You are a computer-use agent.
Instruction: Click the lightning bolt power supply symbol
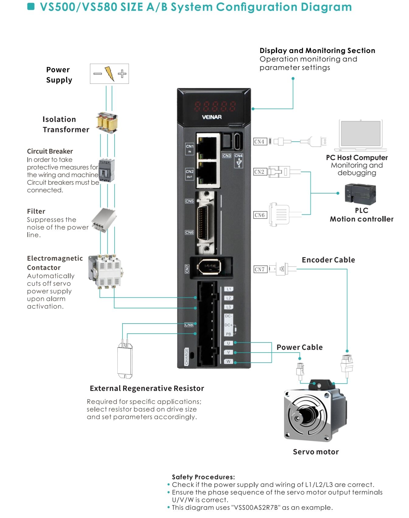point(109,74)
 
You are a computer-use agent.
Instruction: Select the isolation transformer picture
point(107,123)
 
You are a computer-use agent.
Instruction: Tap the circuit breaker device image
point(107,170)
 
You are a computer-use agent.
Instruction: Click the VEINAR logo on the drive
point(212,117)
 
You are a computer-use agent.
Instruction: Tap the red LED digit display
point(215,106)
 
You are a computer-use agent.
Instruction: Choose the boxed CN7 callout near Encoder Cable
point(260,269)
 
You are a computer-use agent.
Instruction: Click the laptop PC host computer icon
point(361,135)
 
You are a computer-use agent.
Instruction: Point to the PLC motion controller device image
point(360,194)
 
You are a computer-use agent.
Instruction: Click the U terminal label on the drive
point(229,343)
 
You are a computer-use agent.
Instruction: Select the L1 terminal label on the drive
point(229,289)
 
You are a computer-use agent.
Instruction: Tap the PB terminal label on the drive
point(228,334)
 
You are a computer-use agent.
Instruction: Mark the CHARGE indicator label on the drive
point(187,356)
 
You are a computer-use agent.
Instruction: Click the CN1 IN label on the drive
point(189,148)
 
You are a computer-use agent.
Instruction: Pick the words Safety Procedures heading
point(203,477)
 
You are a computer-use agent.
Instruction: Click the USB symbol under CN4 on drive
point(239,163)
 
